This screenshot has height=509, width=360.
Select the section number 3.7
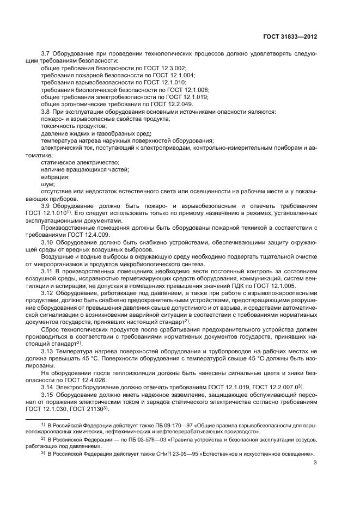(46, 53)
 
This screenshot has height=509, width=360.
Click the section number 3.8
(46, 111)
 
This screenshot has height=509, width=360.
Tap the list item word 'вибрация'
(55, 176)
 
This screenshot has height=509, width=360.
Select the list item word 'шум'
(48, 184)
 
